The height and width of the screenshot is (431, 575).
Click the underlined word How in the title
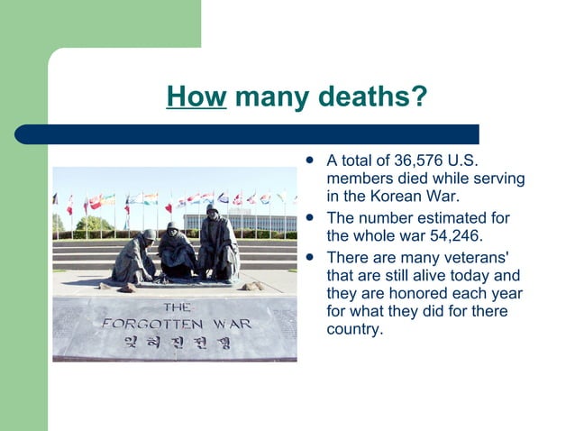pyautogui.click(x=196, y=96)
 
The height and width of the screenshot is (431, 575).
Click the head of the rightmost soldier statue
pyautogui.click(x=212, y=209)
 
